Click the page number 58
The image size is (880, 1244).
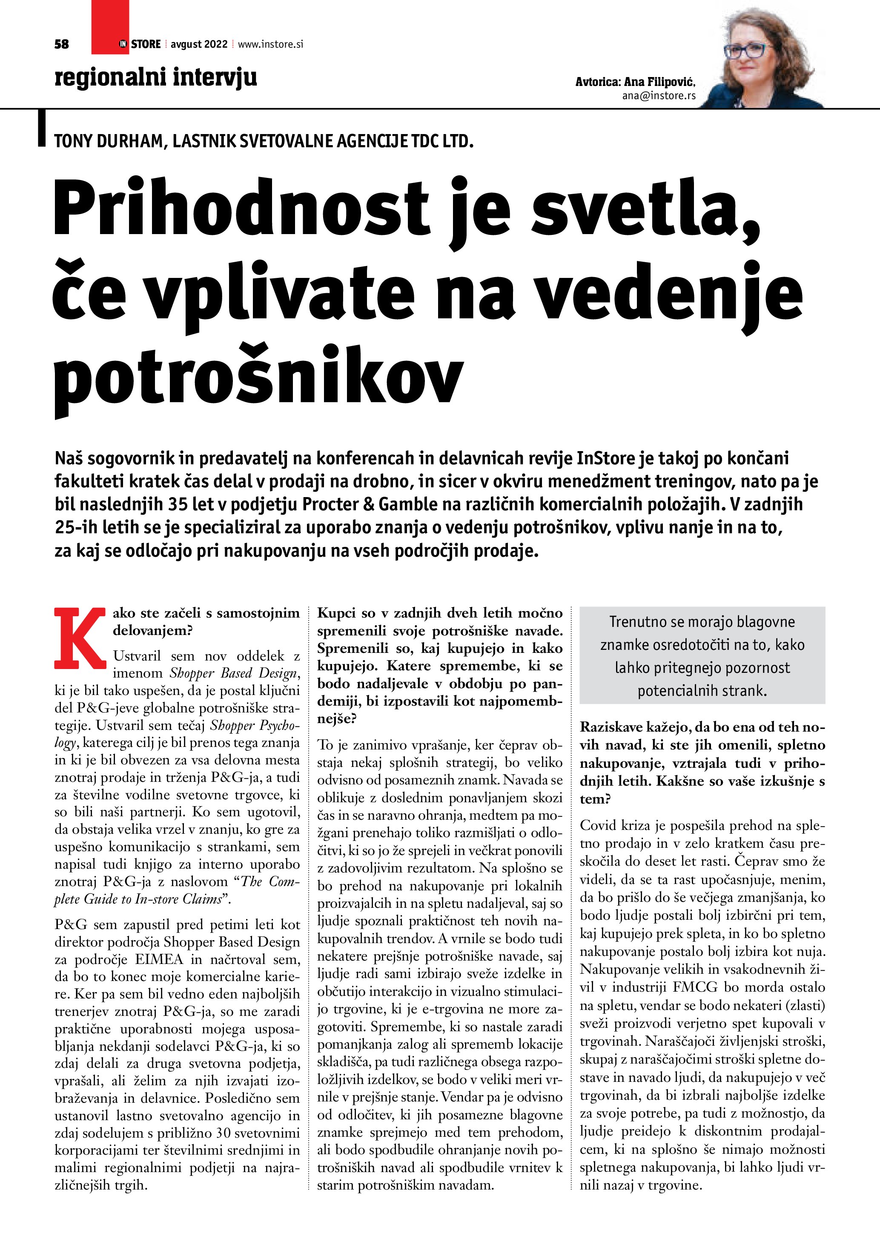pos(62,44)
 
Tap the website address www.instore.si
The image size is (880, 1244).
pos(270,44)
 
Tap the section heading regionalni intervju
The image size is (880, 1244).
pos(155,77)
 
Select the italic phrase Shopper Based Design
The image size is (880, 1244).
pos(234,673)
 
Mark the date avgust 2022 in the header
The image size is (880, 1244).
pos(199,44)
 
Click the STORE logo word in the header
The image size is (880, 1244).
pos(146,44)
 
